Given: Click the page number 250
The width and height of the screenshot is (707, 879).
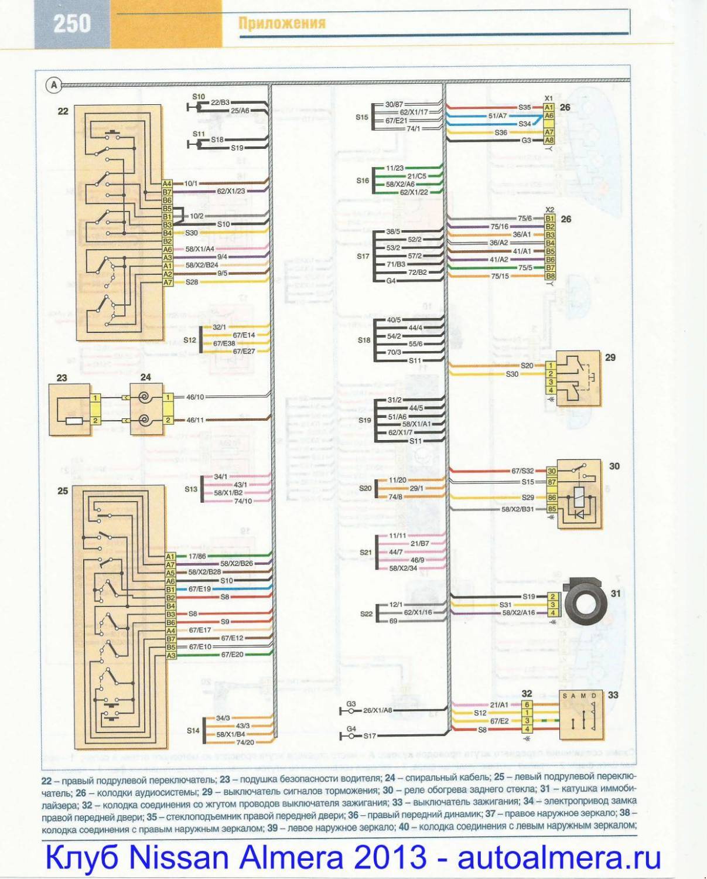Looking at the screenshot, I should tap(72, 24).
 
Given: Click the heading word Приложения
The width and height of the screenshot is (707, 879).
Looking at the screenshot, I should tap(282, 23).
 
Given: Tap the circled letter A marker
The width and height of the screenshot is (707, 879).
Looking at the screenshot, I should tap(54, 85).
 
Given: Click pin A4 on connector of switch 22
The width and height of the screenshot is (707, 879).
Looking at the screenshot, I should tap(168, 184).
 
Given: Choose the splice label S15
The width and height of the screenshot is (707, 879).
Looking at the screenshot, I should tap(362, 117).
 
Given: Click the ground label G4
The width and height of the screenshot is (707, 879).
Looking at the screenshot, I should tap(351, 729).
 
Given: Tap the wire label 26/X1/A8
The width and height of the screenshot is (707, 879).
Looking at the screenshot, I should tap(377, 711).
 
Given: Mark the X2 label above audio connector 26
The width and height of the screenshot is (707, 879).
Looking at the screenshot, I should tap(549, 210).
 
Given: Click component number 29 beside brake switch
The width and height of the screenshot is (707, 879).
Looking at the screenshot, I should tap(610, 357).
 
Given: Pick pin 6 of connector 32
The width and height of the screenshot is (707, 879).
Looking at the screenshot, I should tap(527, 705).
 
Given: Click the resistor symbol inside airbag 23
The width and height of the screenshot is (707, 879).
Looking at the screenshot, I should tap(74, 421).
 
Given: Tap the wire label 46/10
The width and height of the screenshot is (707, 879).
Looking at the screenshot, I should tap(195, 397).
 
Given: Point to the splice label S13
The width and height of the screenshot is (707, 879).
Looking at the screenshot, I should tap(191, 489).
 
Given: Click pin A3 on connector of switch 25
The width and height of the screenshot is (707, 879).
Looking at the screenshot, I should tap(170, 655).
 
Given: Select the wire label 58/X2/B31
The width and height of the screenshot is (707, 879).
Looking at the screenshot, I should tap(517, 509).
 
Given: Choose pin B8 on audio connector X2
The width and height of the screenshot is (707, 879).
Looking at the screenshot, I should tap(550, 276).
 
